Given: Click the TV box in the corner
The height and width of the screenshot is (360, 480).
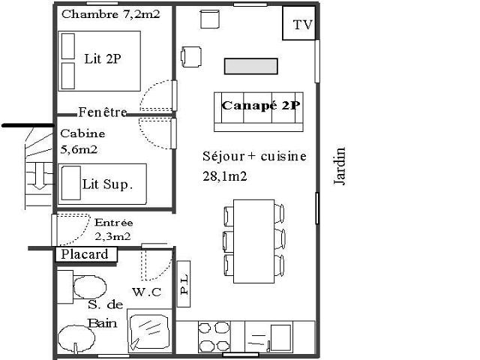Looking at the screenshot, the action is (298, 23).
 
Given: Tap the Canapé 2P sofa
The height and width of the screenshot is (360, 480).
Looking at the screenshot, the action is (259, 112).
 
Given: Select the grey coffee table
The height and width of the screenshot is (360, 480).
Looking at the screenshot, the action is (251, 67).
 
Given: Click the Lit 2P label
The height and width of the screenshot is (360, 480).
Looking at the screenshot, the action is (103, 58).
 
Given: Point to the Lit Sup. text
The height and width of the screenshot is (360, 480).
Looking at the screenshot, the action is (107, 184).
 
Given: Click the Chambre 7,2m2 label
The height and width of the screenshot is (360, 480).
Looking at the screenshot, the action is (111, 14).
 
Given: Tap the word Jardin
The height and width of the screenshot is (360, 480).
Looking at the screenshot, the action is (340, 166).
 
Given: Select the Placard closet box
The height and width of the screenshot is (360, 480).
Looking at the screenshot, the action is (86, 255).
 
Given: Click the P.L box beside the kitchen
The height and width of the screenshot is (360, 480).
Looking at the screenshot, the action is (184, 283).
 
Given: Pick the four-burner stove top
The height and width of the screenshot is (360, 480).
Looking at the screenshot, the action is (214, 337).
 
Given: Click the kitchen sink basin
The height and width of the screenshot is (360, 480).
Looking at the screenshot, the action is (280, 337).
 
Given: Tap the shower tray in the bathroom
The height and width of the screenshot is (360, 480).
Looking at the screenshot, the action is (148, 331).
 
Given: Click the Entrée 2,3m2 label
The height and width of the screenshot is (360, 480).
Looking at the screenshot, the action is (113, 229).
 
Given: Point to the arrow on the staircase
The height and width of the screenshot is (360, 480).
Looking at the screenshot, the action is (39, 176).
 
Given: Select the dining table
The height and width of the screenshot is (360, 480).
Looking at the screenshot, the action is (253, 241).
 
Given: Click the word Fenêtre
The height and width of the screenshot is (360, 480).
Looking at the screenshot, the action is (103, 112).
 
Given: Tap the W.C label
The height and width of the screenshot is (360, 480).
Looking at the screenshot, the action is (147, 292).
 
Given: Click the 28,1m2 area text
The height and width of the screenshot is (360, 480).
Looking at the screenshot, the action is (225, 176).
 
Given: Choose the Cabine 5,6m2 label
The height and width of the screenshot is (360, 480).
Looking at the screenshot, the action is (82, 142).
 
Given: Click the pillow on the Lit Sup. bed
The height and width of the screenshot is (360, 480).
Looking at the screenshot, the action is (71, 183).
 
